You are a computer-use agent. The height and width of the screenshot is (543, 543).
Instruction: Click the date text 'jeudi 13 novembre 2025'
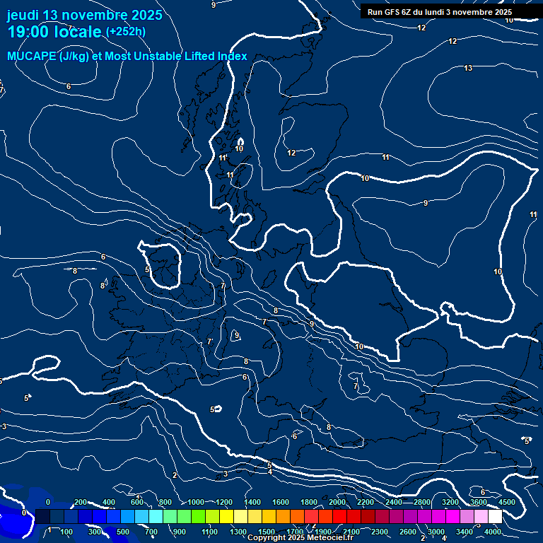point(84,15)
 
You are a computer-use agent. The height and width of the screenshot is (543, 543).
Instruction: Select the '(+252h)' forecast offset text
point(126,32)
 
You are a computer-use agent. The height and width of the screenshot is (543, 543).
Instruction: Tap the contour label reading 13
point(468,68)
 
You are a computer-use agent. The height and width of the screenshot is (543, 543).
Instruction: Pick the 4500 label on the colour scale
point(506,502)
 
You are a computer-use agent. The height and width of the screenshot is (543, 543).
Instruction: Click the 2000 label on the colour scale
point(337,502)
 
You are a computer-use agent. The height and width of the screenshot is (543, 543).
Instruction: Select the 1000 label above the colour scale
point(196,502)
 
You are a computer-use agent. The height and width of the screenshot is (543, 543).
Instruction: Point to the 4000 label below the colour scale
point(493,532)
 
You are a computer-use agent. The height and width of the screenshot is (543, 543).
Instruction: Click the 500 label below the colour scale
point(123,532)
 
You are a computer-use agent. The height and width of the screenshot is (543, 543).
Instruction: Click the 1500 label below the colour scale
point(266,532)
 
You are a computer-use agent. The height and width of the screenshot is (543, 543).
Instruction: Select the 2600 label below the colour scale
point(407,532)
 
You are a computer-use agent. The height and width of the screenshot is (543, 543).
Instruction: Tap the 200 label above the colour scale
point(81,502)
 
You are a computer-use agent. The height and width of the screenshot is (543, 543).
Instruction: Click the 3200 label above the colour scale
point(450,502)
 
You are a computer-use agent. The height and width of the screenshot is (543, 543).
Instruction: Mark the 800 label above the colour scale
point(165,502)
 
